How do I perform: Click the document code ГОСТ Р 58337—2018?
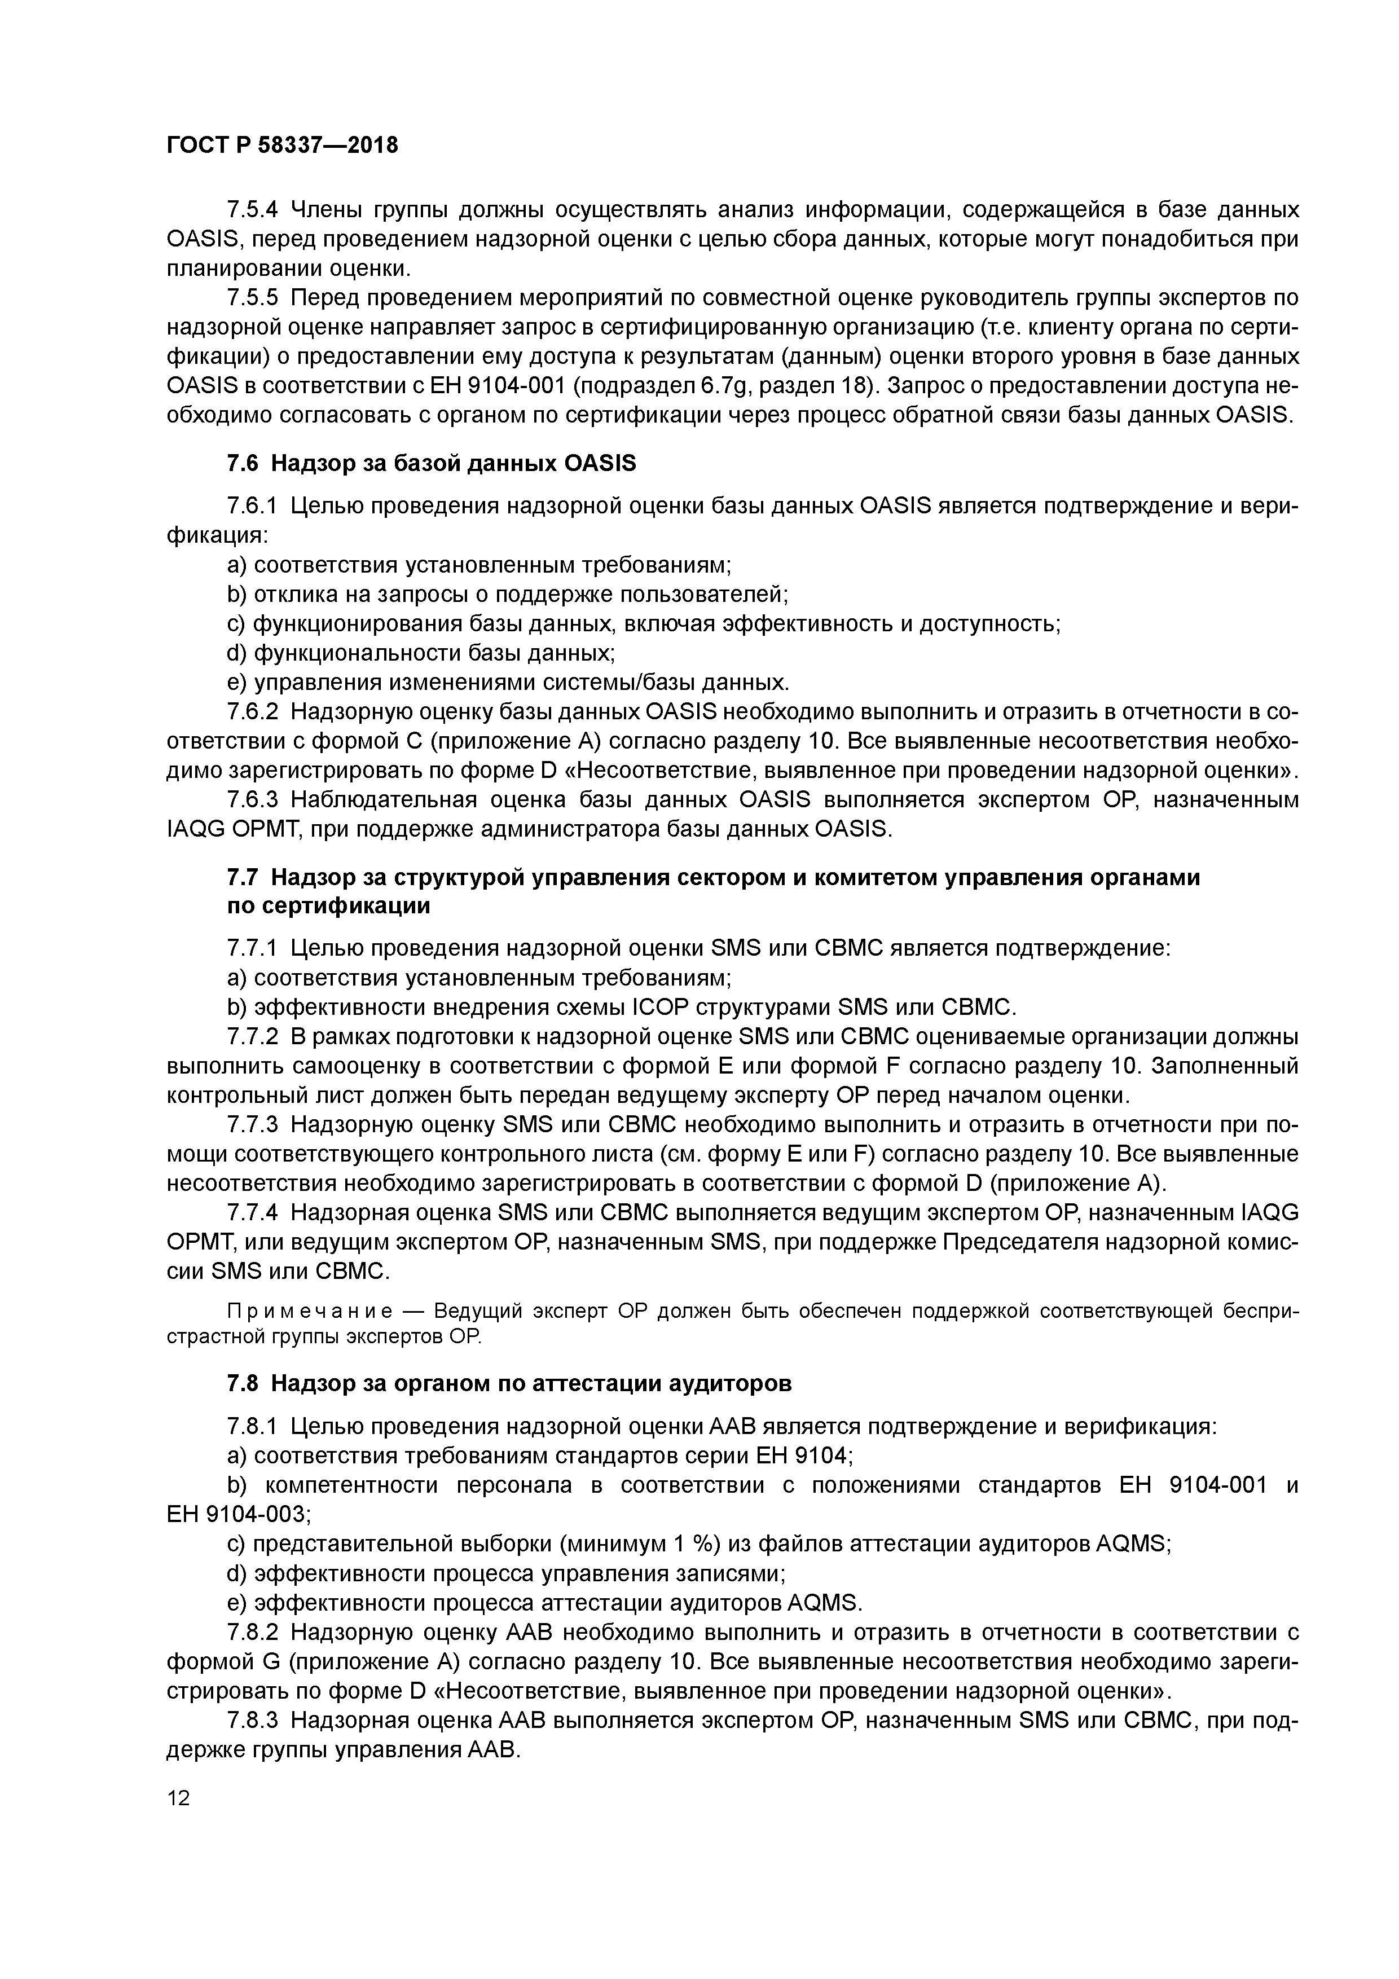click(283, 146)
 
